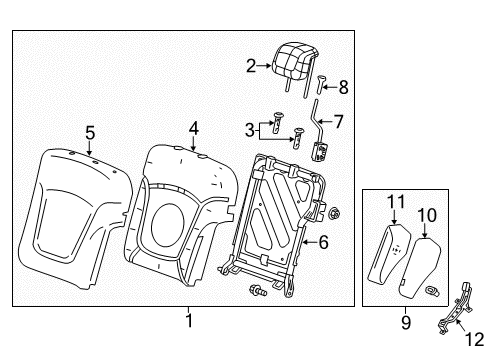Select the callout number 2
251,66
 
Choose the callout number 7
338,121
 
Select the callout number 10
427,214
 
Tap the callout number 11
394,203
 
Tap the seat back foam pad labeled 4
180,210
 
